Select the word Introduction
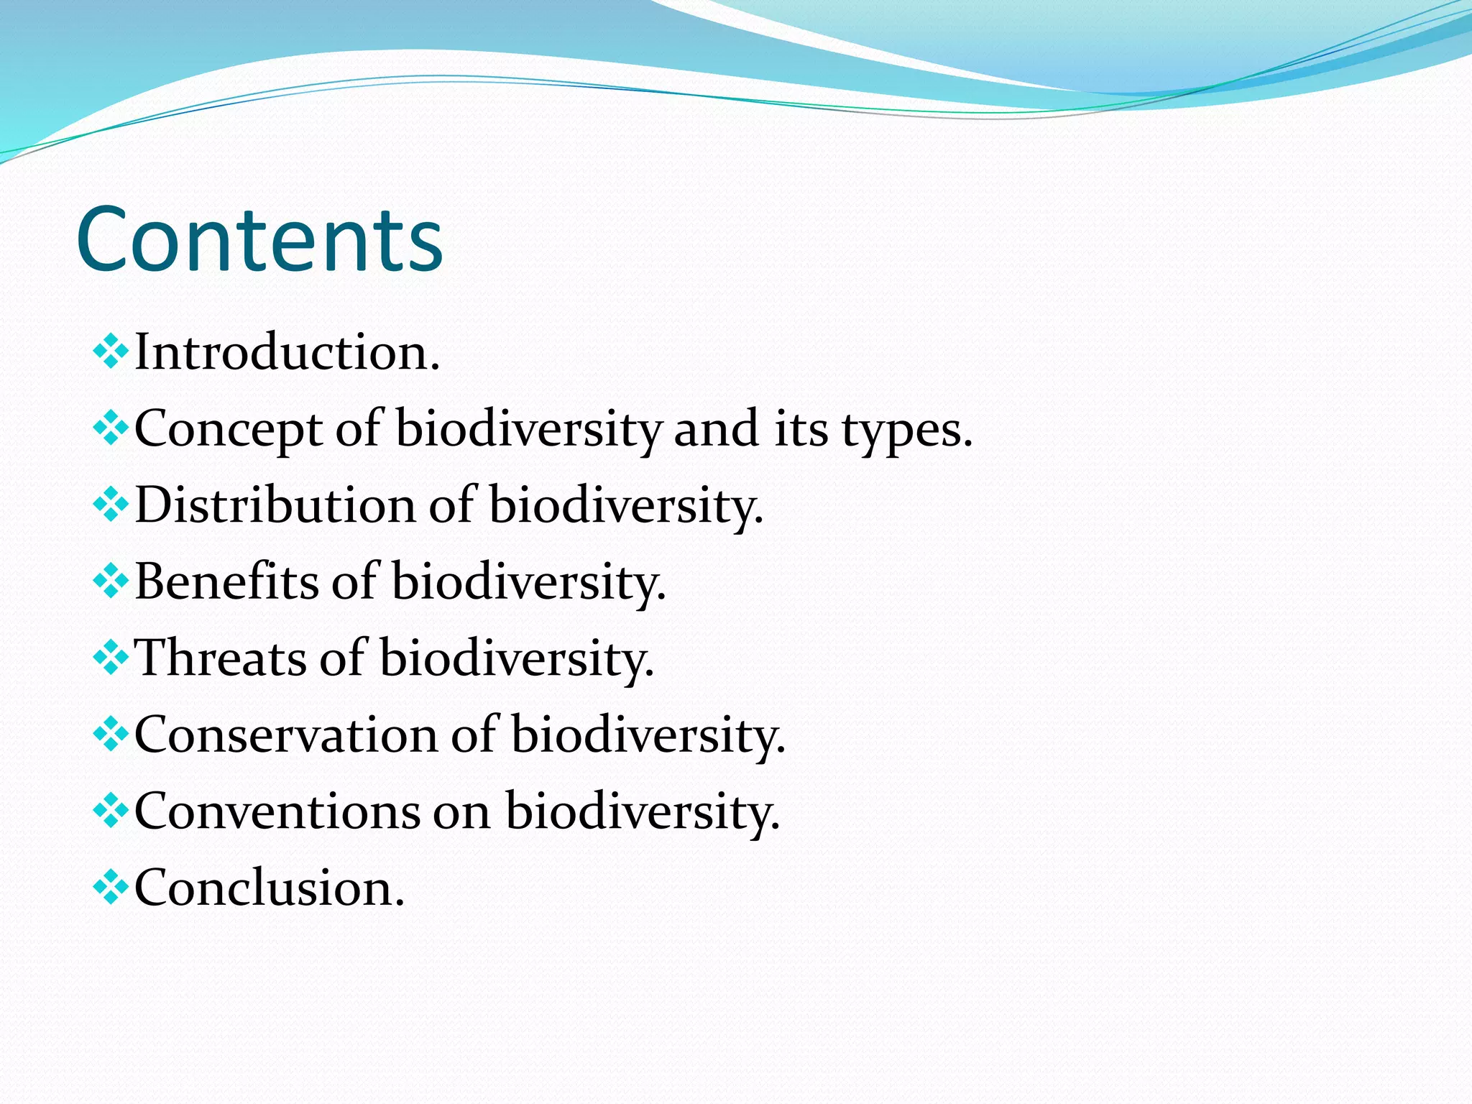click(286, 353)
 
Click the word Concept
click(228, 430)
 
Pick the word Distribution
click(275, 505)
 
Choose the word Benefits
click(226, 581)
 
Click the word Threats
click(220, 658)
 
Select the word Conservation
click(285, 735)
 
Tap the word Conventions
click(277, 811)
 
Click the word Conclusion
click(269, 888)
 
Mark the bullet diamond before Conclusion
click(111, 887)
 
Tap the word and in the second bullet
click(716, 430)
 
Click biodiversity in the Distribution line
click(625, 505)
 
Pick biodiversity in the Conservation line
click(648, 735)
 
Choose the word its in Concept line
click(801, 430)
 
